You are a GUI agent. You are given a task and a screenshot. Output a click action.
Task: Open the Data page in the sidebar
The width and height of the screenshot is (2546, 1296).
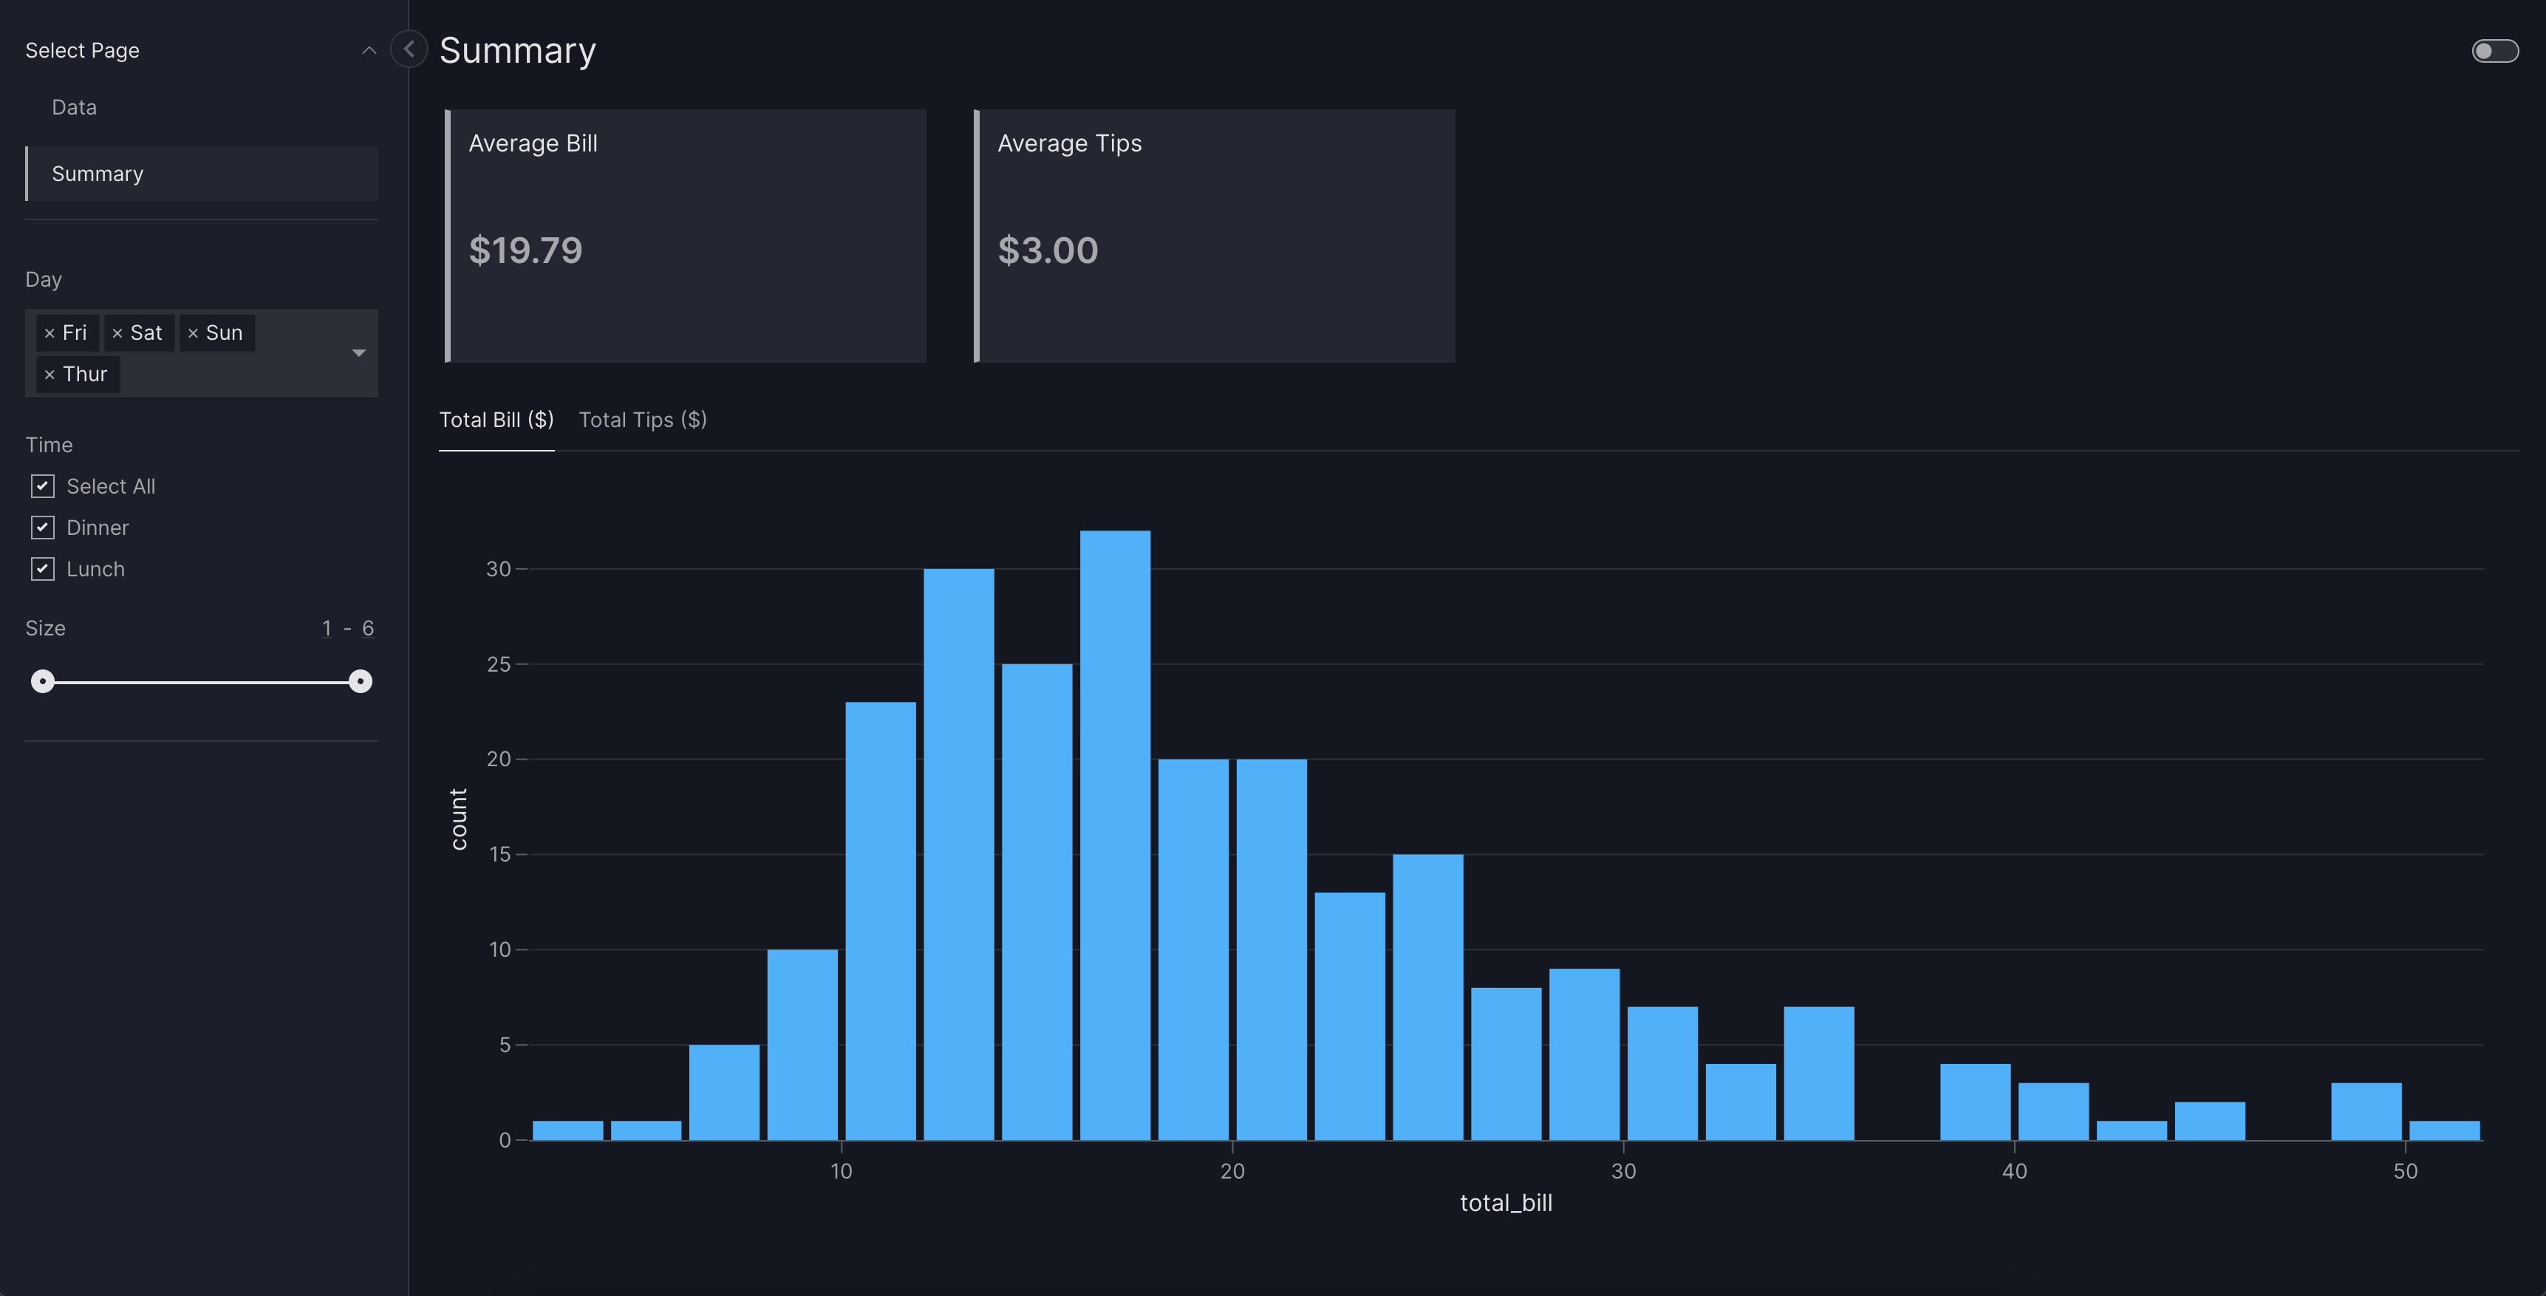coord(74,106)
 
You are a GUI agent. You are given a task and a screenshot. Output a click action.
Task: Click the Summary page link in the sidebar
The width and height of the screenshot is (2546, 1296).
coord(98,174)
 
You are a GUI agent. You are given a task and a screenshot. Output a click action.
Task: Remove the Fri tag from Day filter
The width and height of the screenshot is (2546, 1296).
coord(50,333)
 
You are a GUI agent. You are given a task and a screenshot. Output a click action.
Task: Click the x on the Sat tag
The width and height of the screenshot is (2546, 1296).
coord(117,333)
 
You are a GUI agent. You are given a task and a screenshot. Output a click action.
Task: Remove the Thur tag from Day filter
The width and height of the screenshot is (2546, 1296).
coord(50,375)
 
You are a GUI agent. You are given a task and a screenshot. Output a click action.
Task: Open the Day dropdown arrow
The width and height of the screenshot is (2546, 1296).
coord(359,353)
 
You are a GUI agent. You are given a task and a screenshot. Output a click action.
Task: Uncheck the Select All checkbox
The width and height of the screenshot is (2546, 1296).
coord(43,485)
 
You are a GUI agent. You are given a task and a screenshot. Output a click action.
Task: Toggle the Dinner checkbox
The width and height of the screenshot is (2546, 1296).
coord(43,527)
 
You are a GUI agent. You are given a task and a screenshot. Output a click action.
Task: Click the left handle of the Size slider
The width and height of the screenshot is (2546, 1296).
coord(43,681)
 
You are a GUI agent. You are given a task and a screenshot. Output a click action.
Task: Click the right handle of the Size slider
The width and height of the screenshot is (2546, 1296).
coord(361,681)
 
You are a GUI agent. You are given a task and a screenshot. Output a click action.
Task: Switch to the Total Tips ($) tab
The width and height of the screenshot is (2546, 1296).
coord(643,420)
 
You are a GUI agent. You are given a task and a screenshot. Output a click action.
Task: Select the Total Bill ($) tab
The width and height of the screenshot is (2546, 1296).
coord(496,420)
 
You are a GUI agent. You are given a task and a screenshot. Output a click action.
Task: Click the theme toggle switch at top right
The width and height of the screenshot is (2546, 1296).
coord(2494,50)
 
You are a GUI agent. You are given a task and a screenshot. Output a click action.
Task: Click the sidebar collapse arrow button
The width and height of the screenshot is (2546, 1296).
coord(408,49)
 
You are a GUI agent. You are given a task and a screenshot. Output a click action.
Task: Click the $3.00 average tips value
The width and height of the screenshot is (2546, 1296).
coord(1048,250)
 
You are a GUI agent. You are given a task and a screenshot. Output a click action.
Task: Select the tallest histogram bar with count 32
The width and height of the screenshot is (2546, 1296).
coord(1115,836)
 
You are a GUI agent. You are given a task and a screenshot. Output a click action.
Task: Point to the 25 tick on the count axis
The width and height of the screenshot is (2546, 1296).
coord(499,664)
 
